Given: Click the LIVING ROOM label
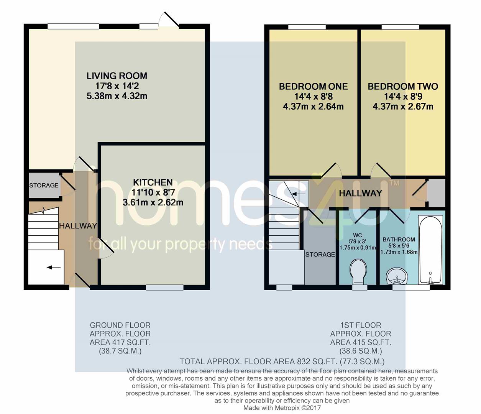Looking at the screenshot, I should [117, 76].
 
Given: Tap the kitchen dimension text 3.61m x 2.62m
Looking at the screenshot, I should [153, 202].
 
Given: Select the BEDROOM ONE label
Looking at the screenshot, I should [313, 87].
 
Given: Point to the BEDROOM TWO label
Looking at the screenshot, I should [402, 87].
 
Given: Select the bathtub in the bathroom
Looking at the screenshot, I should [430, 249].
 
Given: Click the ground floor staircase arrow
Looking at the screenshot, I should [54, 267].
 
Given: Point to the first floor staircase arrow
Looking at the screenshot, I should [295, 194].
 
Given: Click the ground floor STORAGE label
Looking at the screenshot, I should [44, 186].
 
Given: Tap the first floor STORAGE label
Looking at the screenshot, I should [320, 255].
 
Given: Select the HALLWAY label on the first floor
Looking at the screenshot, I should [360, 193].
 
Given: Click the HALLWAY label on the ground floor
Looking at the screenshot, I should [78, 226].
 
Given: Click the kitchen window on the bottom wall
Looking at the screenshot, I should [165, 287].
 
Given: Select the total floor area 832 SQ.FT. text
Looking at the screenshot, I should [282, 361].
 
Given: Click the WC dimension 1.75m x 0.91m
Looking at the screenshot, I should [358, 248].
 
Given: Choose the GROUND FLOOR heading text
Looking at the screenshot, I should [120, 325].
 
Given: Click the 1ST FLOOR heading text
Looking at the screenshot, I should [360, 325].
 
